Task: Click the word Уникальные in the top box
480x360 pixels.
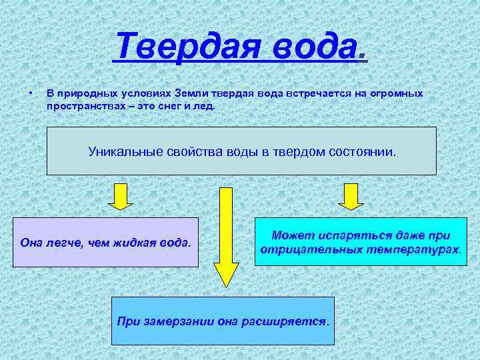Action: (120, 151)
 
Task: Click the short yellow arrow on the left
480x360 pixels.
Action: (121, 195)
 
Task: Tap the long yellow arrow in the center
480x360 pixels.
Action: (226, 237)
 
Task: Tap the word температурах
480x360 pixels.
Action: (421, 249)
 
